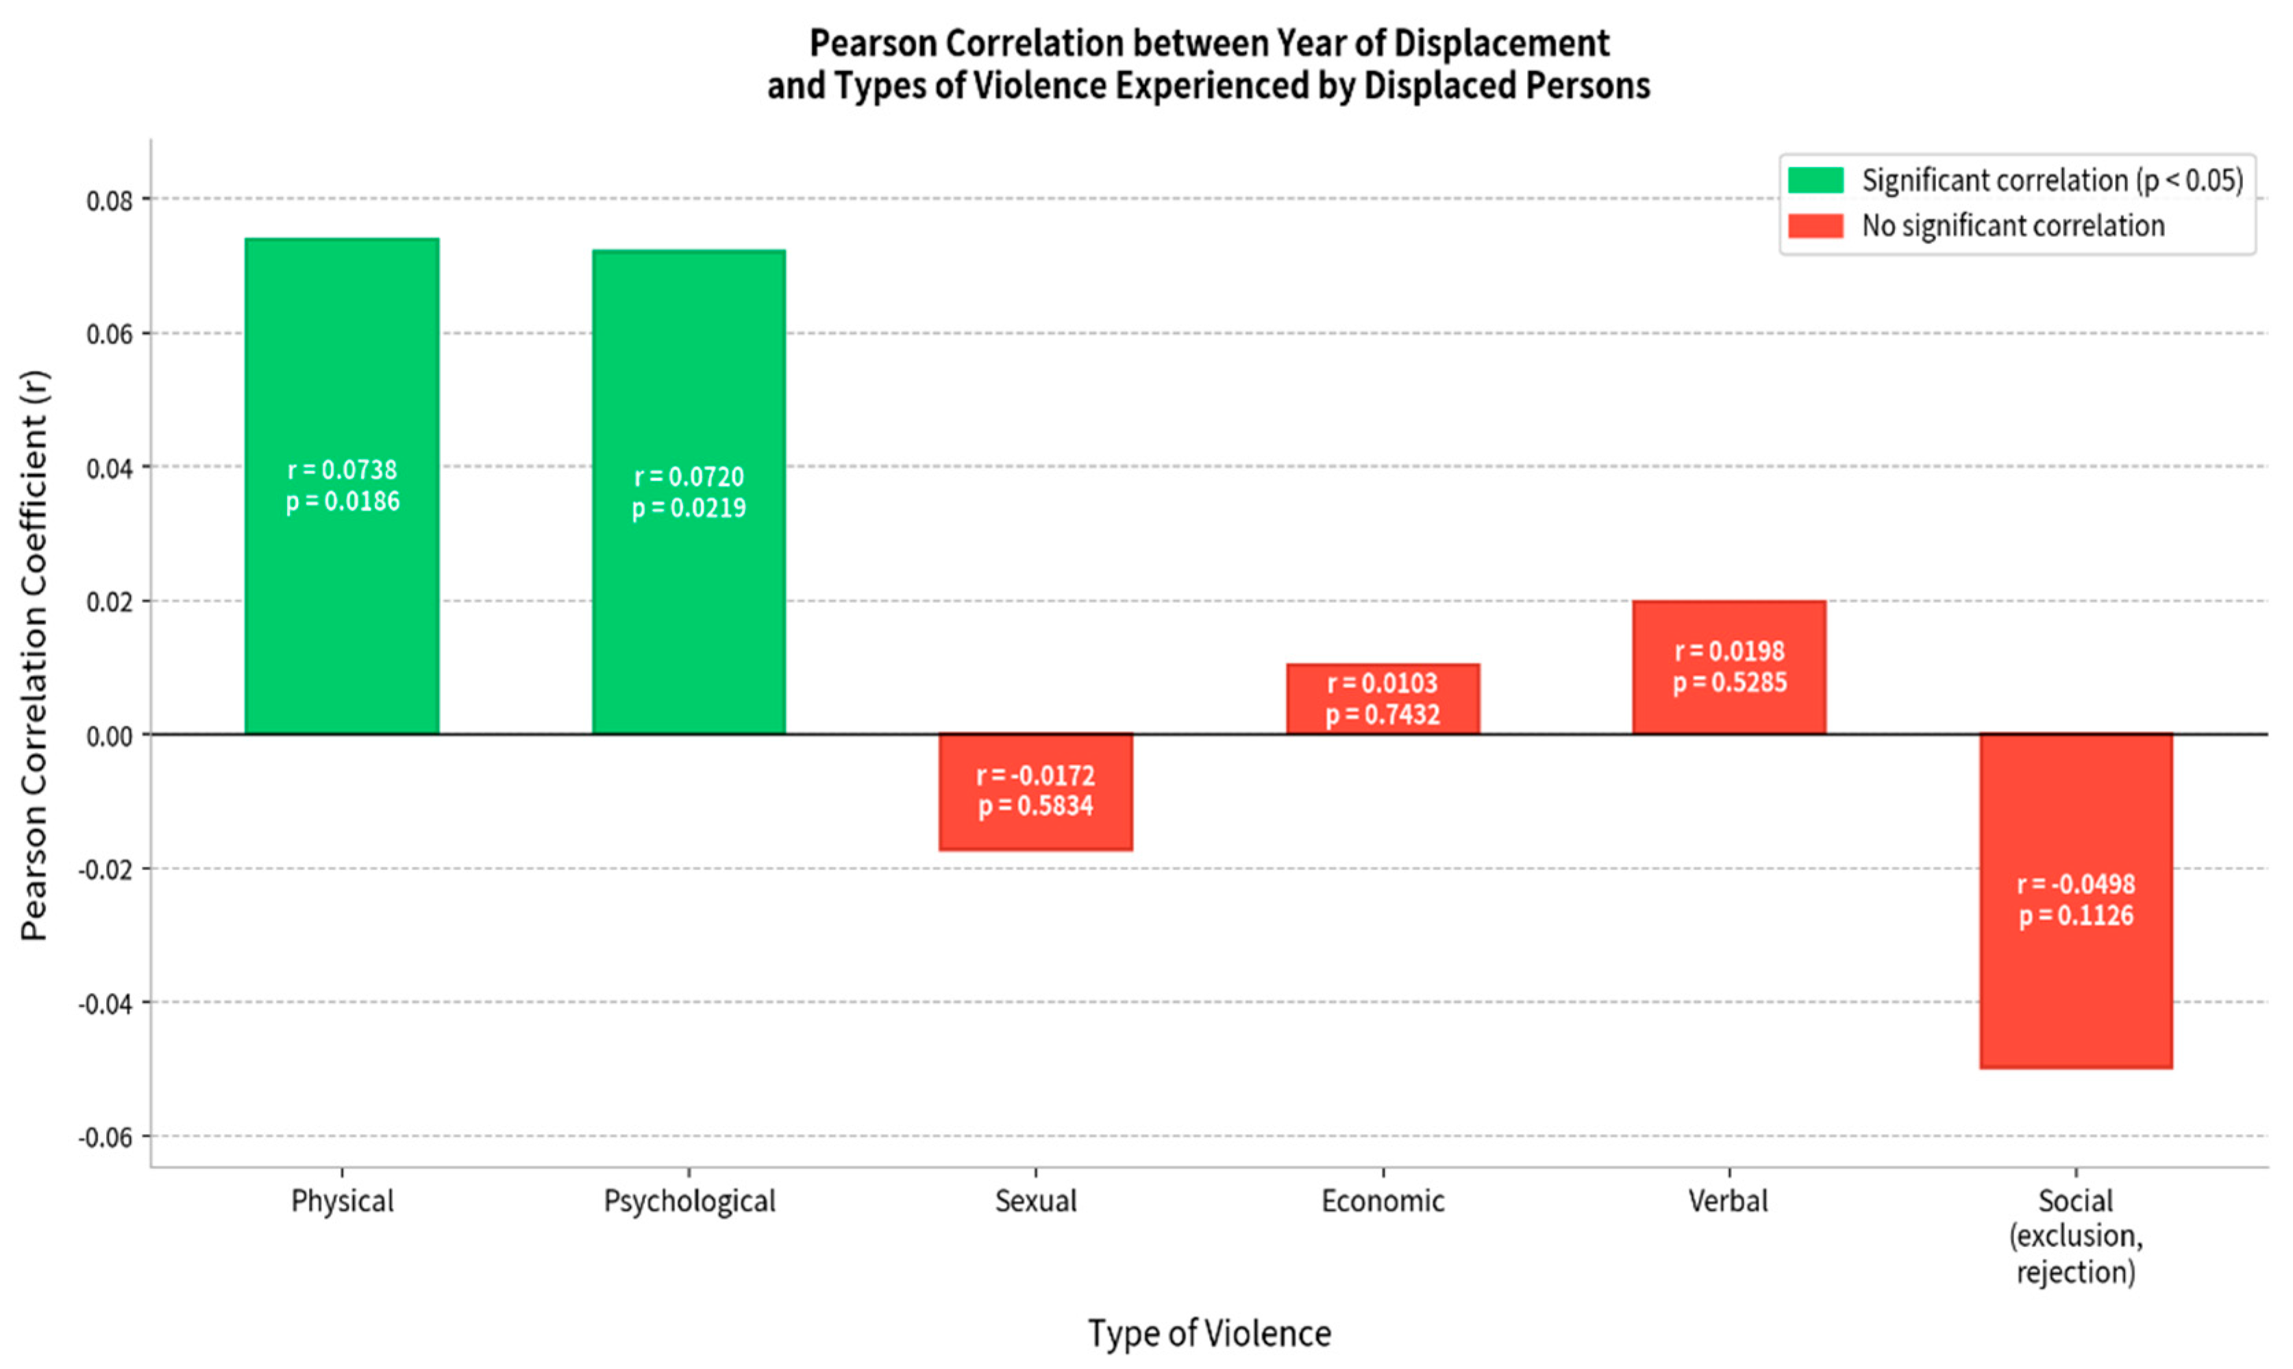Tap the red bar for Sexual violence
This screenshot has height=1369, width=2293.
point(1035,830)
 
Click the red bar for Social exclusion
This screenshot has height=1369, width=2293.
point(2075,996)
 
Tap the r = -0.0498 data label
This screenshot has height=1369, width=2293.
point(2075,884)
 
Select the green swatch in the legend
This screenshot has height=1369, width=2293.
point(1814,180)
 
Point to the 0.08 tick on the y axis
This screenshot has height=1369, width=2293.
point(109,200)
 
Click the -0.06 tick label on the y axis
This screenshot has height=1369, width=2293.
point(105,1137)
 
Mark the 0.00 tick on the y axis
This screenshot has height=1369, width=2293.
point(109,736)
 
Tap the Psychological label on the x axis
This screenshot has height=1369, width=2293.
point(689,1201)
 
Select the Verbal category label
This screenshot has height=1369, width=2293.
point(1728,1201)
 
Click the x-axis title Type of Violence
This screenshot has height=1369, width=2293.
point(1209,1333)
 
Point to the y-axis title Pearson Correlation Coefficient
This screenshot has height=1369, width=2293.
point(34,655)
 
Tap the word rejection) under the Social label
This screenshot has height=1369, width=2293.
point(2075,1272)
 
